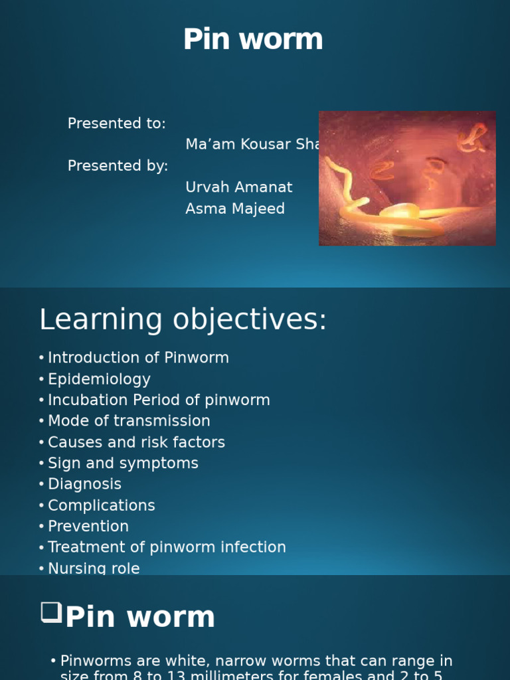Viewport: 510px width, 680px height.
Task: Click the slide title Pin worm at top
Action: coord(253,40)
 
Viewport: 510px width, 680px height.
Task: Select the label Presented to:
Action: coord(117,124)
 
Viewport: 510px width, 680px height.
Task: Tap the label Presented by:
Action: coord(118,166)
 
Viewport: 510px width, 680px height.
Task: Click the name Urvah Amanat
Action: coord(239,187)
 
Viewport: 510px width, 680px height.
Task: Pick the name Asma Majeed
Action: coord(235,209)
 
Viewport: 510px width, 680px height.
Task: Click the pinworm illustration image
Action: coord(407,178)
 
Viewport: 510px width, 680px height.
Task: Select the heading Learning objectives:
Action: coord(183,320)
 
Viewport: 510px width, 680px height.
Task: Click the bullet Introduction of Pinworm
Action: coord(138,358)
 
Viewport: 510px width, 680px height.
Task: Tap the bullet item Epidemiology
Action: coord(99,379)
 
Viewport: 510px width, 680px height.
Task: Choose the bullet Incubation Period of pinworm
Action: coord(159,400)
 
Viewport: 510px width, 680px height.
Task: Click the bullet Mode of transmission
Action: coord(129,421)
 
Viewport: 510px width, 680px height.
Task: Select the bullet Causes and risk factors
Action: coord(136,442)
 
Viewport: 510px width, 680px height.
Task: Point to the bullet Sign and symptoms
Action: coord(123,464)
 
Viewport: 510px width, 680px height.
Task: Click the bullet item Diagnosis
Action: coord(84,484)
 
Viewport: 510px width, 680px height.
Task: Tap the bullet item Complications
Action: coord(101,505)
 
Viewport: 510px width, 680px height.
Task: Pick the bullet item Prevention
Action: coord(88,527)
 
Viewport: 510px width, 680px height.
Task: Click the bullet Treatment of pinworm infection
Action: coord(167,547)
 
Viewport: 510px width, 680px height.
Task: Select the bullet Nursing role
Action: coord(94,568)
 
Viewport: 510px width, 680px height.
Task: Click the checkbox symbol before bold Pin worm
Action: coord(51,612)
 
